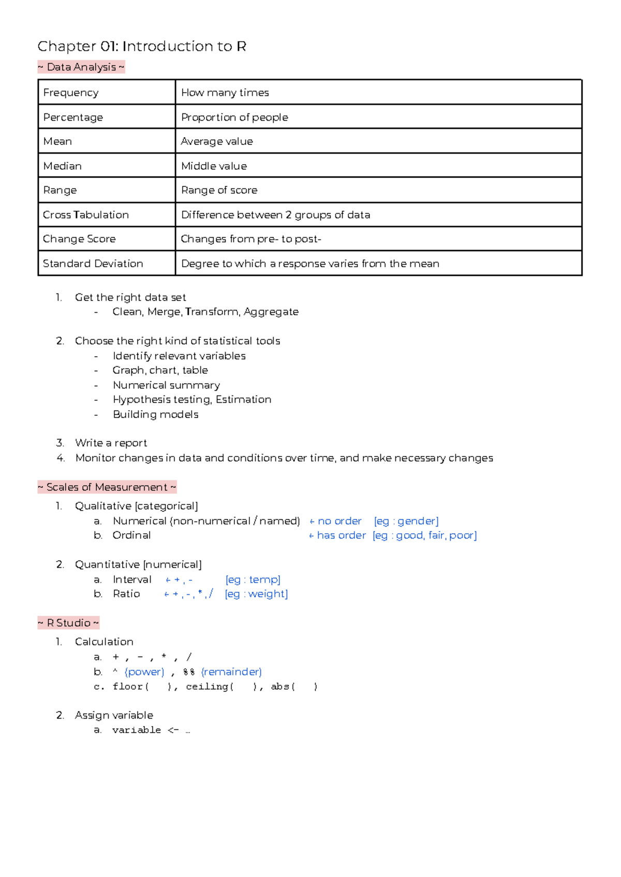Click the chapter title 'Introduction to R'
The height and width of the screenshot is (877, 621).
point(184,47)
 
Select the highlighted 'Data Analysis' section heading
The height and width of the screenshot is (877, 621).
point(81,67)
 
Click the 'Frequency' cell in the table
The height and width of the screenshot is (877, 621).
point(71,93)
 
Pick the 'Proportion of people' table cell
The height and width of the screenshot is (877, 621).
point(234,118)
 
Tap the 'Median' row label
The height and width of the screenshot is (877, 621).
point(63,166)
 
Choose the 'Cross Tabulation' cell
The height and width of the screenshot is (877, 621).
point(86,215)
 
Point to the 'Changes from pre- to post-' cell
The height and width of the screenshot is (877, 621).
point(251,239)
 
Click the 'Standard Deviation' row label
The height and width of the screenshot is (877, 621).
point(93,264)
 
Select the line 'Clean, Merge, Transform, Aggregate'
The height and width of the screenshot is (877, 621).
point(205,312)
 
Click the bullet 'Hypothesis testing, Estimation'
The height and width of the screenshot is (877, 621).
point(192,400)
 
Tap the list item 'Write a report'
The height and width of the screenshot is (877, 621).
point(111,443)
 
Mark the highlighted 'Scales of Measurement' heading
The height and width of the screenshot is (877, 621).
point(107,487)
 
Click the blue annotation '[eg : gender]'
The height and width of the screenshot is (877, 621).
point(406,521)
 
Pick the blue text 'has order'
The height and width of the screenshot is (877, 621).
point(341,535)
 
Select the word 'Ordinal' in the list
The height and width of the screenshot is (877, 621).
point(131,535)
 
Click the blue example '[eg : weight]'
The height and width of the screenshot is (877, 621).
point(256,594)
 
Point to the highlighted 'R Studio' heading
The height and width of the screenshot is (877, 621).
point(69,623)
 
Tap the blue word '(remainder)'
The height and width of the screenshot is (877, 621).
point(231,672)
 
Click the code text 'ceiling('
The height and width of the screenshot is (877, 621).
point(210,686)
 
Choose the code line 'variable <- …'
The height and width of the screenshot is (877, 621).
point(151,730)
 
